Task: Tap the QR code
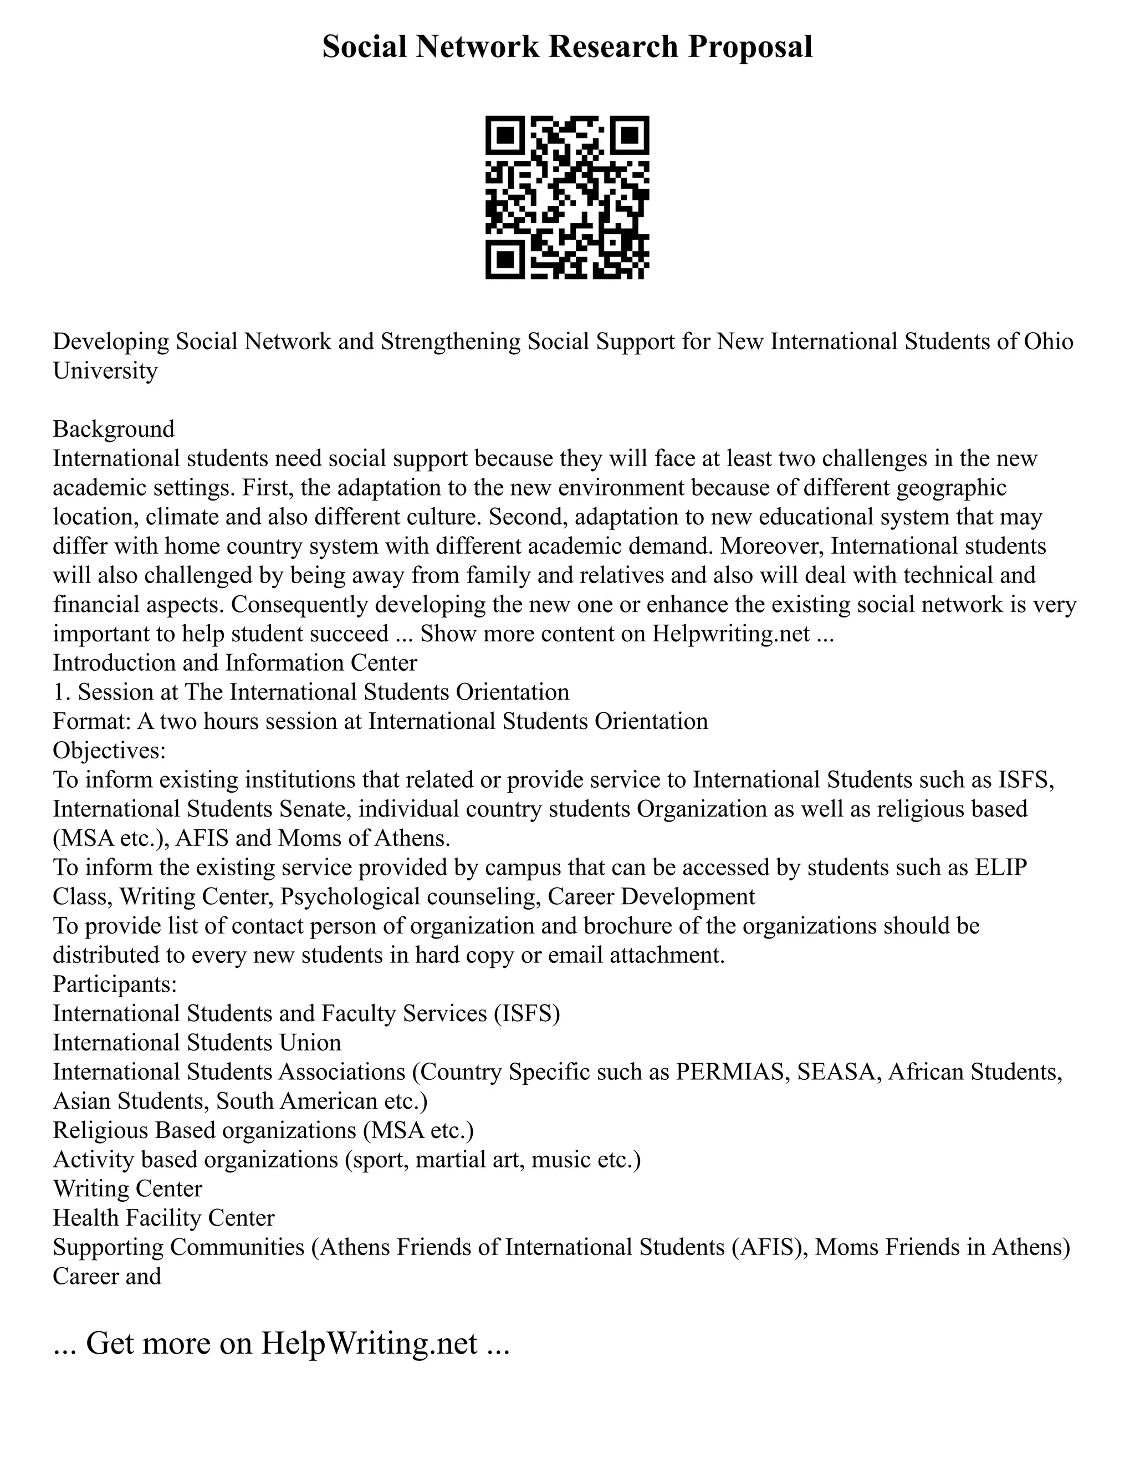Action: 567,197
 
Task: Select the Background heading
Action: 114,429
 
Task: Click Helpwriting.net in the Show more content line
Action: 730,634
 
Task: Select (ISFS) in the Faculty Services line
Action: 526,1013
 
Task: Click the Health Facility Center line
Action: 163,1217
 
